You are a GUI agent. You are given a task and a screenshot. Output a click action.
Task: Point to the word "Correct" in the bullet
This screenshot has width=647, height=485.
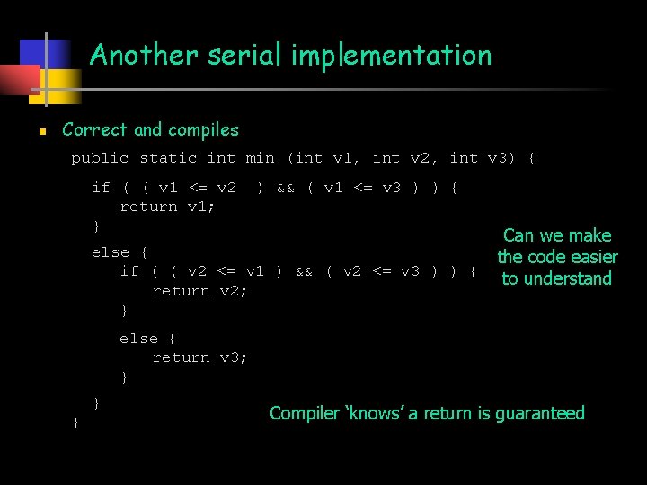coord(95,130)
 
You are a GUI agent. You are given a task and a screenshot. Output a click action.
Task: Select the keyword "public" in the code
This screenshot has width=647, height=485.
coord(100,158)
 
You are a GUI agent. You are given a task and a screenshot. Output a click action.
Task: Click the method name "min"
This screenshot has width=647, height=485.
coord(260,158)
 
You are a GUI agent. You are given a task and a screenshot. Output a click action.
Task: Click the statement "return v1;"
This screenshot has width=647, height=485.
coord(167,207)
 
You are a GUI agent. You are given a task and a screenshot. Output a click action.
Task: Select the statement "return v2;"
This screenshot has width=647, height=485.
coord(199,291)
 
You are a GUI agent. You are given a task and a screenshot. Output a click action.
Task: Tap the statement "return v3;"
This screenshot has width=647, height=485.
coord(199,357)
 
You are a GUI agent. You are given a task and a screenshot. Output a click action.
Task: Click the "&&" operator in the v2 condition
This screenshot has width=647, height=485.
coord(304,271)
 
